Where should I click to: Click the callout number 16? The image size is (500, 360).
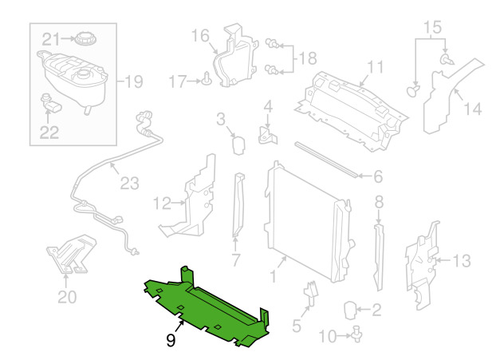[199, 35]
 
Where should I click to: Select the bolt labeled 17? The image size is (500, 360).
[206, 78]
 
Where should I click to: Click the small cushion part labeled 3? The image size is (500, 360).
[237, 144]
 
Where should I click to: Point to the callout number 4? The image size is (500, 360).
[268, 105]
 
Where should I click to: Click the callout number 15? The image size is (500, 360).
[431, 26]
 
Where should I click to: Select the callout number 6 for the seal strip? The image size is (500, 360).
[378, 177]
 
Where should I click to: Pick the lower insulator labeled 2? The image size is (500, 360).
[352, 308]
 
